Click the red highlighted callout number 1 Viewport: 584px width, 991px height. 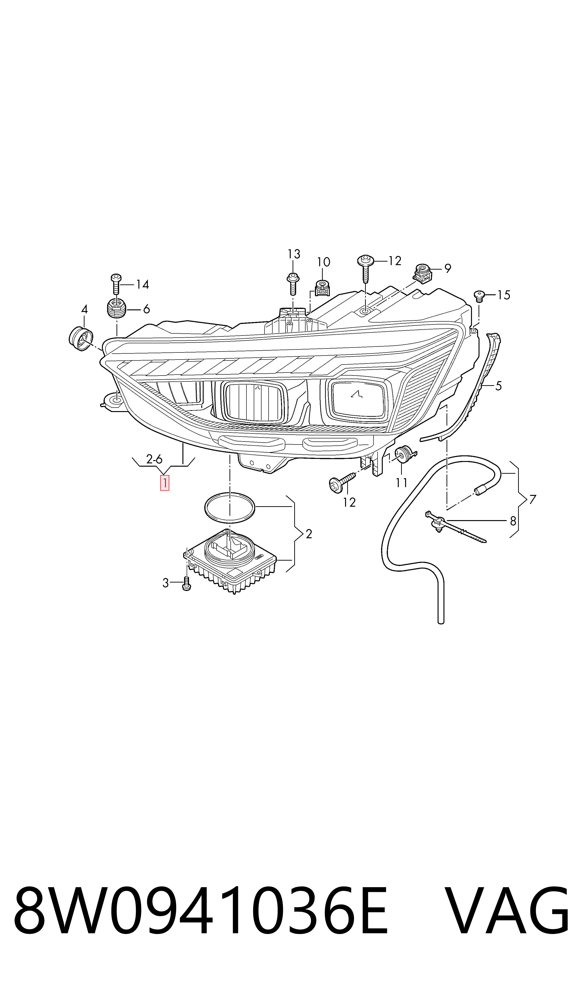pyautogui.click(x=165, y=483)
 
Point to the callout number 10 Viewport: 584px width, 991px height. pyautogui.click(x=323, y=262)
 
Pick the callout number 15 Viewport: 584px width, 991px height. pyautogui.click(x=504, y=295)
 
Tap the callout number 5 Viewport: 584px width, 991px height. pyautogui.click(x=499, y=386)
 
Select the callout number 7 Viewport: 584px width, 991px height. pyautogui.click(x=532, y=499)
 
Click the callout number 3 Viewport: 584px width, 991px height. pyautogui.click(x=166, y=583)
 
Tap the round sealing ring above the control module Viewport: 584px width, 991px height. pyautogui.click(x=230, y=508)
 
